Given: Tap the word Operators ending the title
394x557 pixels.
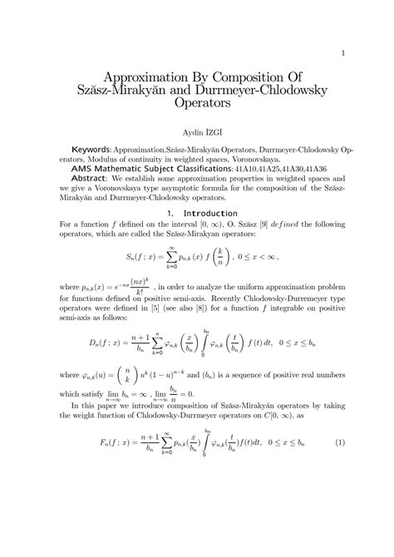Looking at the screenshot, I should pos(197,106).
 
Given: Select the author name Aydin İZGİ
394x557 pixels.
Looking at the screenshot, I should pos(196,132).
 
